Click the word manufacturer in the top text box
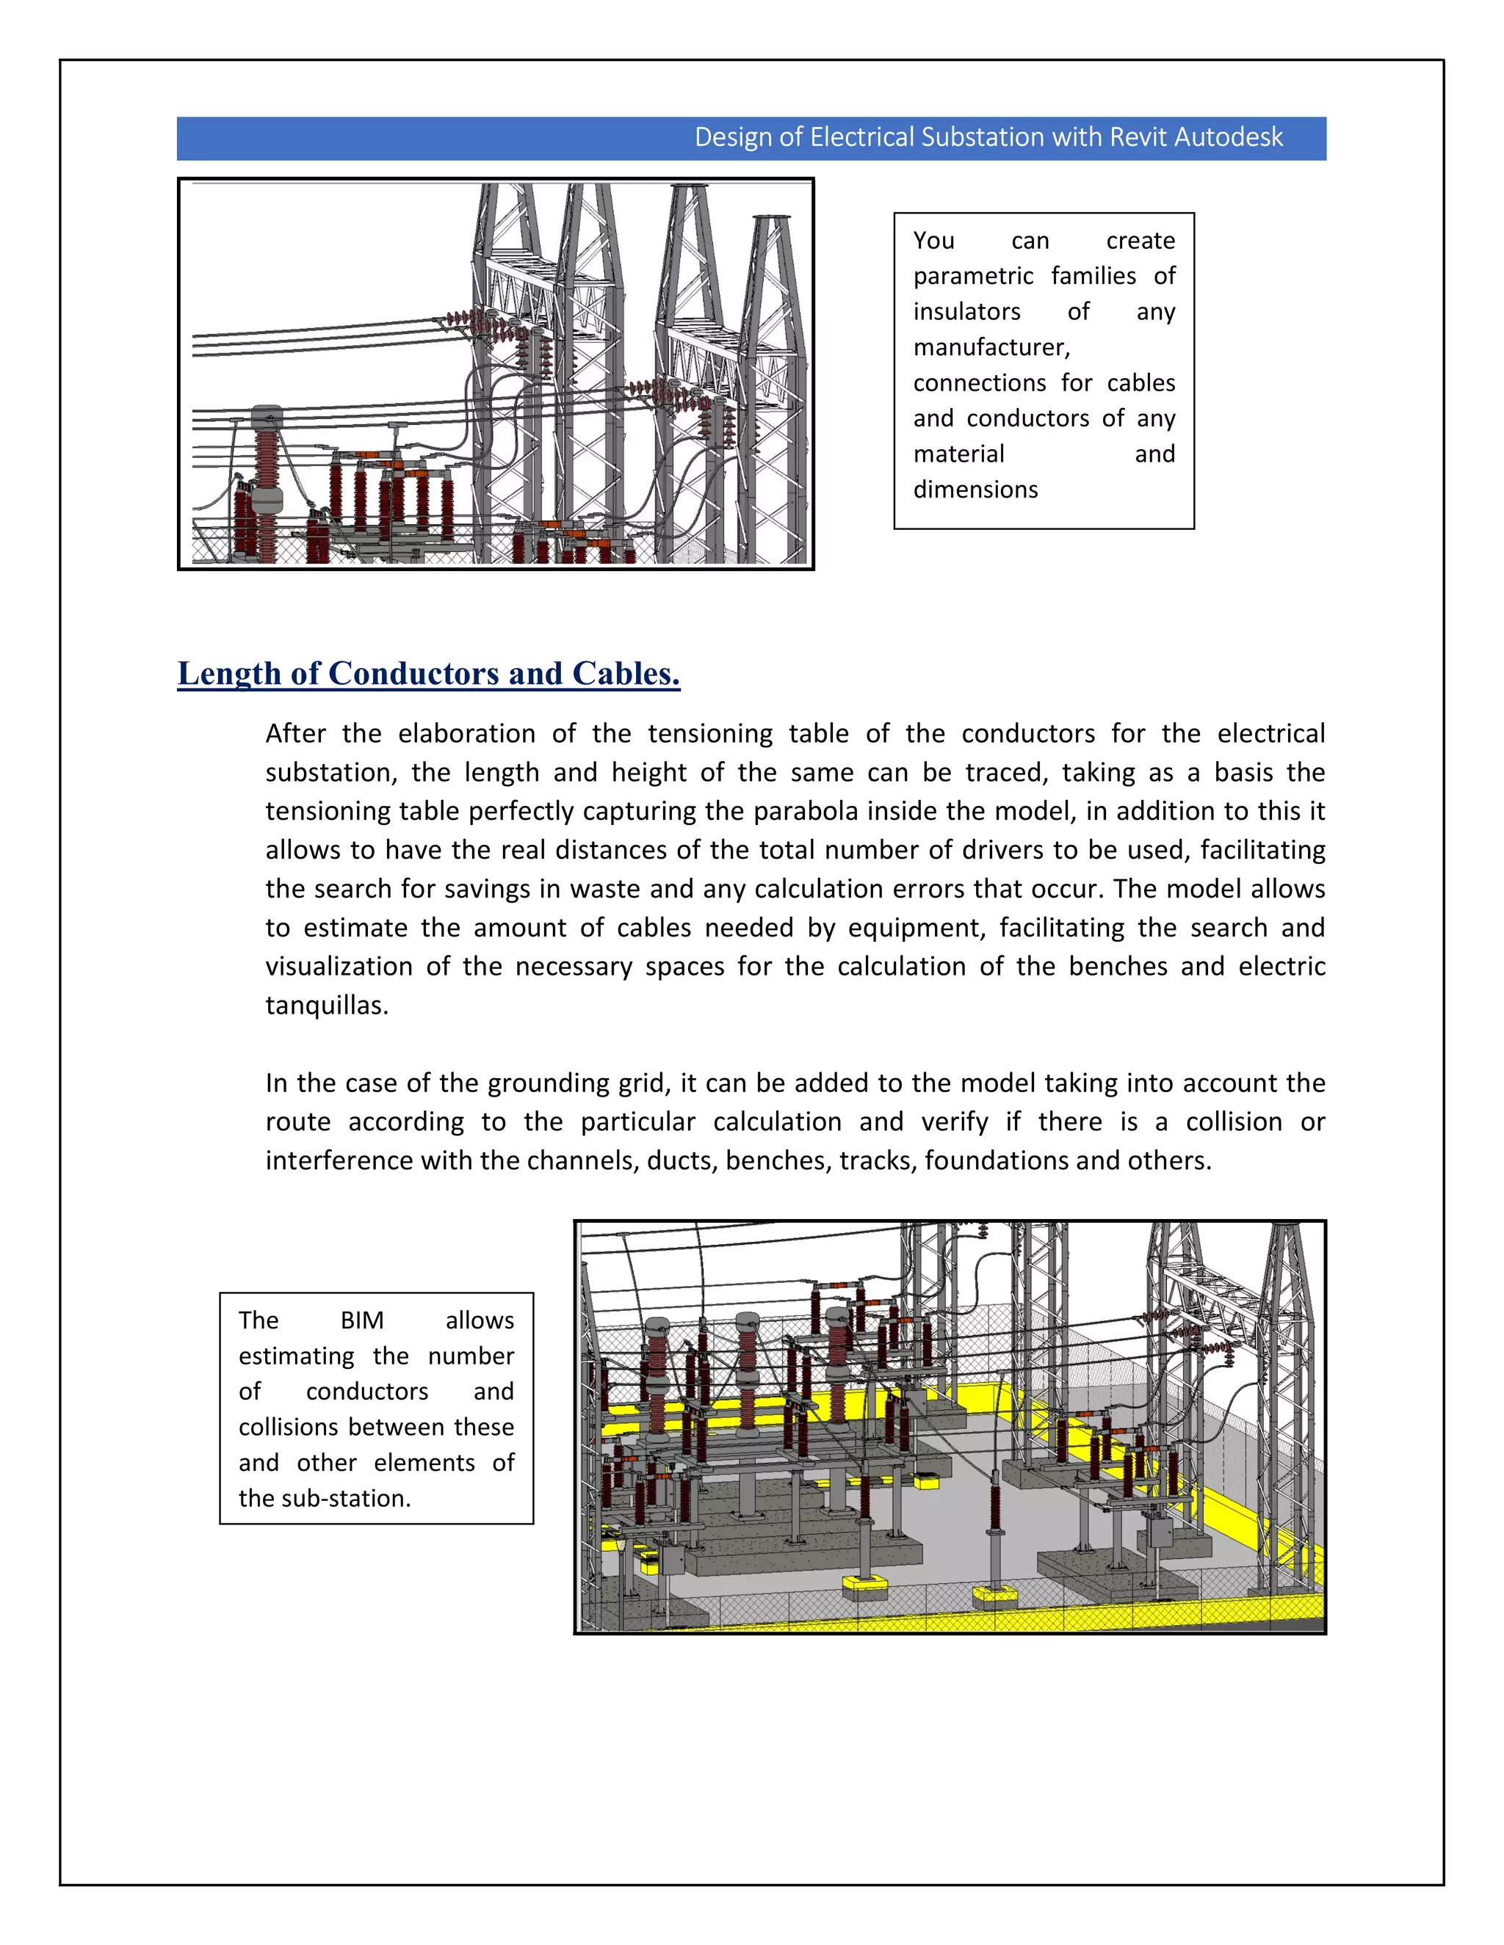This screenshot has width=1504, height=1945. pyautogui.click(x=991, y=347)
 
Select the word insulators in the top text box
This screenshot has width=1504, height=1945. pyautogui.click(x=966, y=312)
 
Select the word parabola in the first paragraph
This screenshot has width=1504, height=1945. pyautogui.click(x=795, y=811)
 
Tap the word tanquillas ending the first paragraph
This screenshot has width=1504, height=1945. pyautogui.click(x=325, y=1006)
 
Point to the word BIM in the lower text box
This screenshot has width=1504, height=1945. pyautogui.click(x=362, y=1320)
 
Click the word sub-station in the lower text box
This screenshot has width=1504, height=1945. pyautogui.click(x=346, y=1499)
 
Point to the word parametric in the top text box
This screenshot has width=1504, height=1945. pyautogui.click(x=972, y=276)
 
